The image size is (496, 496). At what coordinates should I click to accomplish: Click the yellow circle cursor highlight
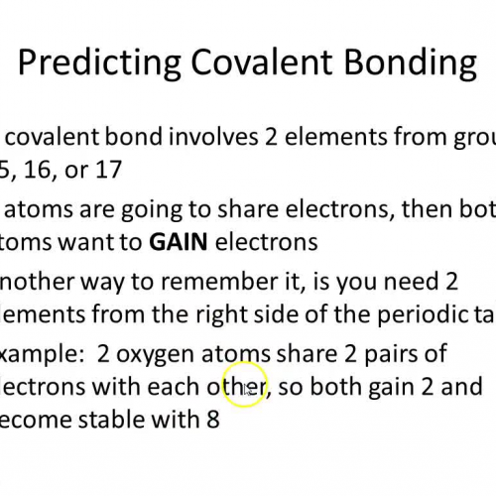click(244, 386)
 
